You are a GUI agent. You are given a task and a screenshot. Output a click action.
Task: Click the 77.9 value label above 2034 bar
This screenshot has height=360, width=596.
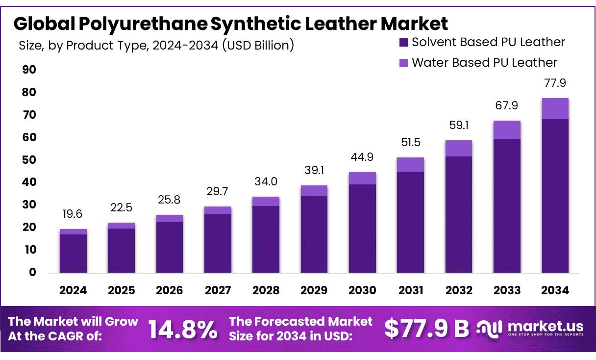coord(555,83)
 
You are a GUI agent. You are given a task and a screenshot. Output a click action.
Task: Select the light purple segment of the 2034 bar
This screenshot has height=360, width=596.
coord(555,108)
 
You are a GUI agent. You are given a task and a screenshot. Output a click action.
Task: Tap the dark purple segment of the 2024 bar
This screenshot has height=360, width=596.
coord(73,253)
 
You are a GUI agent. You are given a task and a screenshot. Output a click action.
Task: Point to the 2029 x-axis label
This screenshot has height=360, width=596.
coord(314,290)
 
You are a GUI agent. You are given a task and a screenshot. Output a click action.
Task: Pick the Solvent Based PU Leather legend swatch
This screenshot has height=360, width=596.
coord(403,43)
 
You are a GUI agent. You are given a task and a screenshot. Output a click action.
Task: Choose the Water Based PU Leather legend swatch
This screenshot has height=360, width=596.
coord(403,63)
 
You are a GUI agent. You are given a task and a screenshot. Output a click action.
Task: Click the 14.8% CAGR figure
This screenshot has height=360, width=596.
coord(183,330)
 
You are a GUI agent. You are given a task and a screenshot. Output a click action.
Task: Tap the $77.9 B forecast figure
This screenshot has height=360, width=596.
coord(426,329)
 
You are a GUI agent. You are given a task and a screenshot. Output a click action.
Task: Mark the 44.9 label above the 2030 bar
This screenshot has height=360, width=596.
coord(362,157)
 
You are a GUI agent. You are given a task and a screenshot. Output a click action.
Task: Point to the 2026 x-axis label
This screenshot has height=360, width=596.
coord(169,290)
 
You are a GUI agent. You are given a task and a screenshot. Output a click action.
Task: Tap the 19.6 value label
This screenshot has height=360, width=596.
coord(73,214)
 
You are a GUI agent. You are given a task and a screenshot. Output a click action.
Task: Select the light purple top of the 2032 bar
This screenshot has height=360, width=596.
coord(458,148)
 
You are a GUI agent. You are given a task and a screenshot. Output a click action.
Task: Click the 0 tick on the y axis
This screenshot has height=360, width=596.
coord(32,272)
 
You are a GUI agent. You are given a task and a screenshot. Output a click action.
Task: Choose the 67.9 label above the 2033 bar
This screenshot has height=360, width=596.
coord(507,105)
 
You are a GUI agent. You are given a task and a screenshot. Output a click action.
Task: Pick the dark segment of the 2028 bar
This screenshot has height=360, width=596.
coord(266,239)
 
